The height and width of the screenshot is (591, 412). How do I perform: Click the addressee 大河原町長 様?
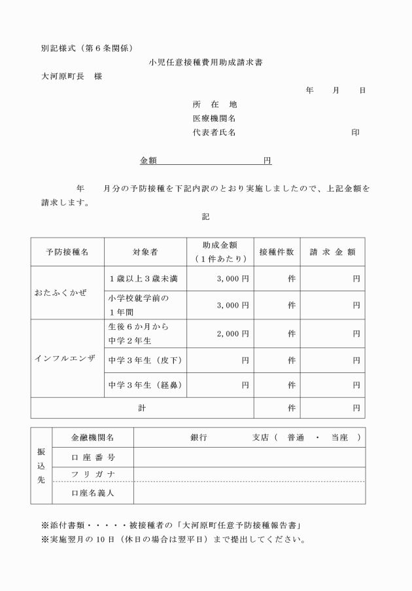(72, 76)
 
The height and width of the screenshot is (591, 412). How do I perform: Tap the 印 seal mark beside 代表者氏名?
(355, 132)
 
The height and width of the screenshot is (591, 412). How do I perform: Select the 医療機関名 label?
(214, 118)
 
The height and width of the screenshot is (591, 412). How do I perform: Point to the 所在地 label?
(214, 105)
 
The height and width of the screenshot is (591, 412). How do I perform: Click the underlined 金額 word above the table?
(148, 160)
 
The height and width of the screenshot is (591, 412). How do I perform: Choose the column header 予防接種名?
(67, 252)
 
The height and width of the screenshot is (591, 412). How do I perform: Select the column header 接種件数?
(277, 252)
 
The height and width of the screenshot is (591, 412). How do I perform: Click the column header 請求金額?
(332, 252)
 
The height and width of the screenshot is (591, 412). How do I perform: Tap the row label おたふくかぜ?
(61, 291)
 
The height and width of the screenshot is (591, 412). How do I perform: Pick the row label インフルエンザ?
(65, 359)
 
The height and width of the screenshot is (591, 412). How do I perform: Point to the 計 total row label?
(142, 408)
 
